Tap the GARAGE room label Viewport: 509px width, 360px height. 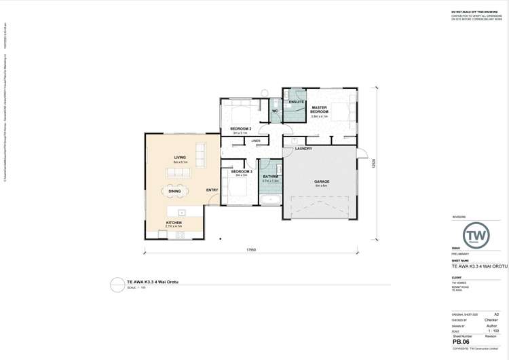coord(322,182)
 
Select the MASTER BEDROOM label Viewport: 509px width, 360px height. coord(320,109)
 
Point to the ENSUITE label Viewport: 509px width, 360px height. coord(296,102)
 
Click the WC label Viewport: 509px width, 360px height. coord(276,111)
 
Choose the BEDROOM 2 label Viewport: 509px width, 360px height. coord(241,128)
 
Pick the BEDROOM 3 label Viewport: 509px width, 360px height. coord(242,172)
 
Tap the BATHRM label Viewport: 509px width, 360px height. coord(271,177)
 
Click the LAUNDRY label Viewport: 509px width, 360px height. coord(303,149)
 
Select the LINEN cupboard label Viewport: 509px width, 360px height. coord(256,141)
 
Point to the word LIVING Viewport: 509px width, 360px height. coord(180,157)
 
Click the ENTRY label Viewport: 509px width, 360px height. coord(212,190)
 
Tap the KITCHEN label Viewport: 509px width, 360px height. coord(174,222)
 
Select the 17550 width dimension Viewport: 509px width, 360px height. coord(251,250)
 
